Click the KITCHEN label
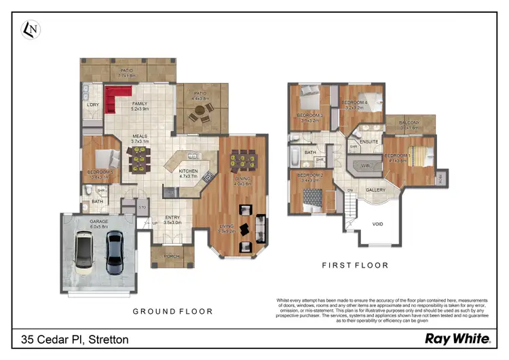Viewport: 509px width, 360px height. [x=188, y=172]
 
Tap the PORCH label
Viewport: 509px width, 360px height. [x=172, y=255]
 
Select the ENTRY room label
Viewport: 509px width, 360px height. [x=172, y=218]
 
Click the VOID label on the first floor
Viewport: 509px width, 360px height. [x=377, y=224]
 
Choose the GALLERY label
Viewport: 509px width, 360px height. [x=375, y=190]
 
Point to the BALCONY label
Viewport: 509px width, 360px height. [x=410, y=123]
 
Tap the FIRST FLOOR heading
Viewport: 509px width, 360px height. [x=355, y=266]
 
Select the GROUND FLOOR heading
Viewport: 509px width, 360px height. [x=172, y=312]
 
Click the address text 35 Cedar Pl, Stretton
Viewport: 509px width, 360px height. [x=75, y=338]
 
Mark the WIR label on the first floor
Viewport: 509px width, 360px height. [x=364, y=165]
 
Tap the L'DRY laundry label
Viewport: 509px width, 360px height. [x=94, y=105]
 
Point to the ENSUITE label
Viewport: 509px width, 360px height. [x=369, y=141]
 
